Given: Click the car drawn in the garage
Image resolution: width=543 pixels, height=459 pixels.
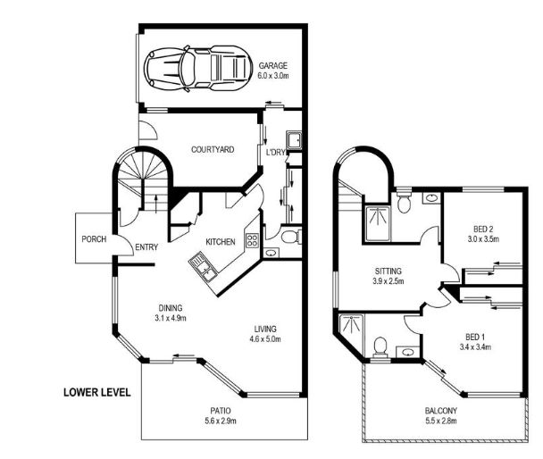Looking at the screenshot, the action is click(x=197, y=68).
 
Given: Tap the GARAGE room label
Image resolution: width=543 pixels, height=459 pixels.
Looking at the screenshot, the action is click(x=273, y=65).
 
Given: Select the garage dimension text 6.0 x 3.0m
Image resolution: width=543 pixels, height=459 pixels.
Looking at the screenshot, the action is click(x=273, y=76).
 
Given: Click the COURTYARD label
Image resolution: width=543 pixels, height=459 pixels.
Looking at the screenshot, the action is click(x=213, y=149).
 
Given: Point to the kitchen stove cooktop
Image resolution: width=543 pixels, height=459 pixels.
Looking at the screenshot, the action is click(x=252, y=240).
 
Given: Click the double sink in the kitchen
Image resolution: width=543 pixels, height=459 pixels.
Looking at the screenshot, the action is click(x=203, y=266).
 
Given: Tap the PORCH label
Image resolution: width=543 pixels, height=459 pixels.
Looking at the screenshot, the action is click(x=94, y=239).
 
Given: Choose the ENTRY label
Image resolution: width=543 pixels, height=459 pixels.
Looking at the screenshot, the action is click(x=146, y=247).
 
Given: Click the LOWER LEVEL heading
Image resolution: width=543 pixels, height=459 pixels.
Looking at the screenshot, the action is click(x=97, y=392).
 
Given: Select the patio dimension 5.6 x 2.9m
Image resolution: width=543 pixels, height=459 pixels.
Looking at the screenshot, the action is click(x=221, y=421).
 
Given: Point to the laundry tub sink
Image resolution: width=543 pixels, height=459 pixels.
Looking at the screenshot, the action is click(x=294, y=140).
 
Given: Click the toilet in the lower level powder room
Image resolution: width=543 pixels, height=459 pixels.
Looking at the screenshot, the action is click(x=291, y=238).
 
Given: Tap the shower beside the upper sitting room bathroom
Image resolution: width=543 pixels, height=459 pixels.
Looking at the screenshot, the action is click(x=376, y=223).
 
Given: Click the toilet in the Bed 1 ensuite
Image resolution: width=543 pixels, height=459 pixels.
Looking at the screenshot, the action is click(x=380, y=347).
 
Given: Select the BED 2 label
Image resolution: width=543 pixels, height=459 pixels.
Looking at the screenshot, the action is click(x=483, y=229).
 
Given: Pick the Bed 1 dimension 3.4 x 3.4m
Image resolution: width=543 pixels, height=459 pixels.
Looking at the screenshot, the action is click(x=475, y=346).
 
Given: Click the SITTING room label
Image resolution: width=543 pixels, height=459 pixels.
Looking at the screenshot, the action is click(x=388, y=271).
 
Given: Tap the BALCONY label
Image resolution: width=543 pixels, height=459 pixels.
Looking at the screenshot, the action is click(x=441, y=411).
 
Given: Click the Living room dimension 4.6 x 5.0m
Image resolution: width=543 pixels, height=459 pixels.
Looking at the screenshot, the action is click(x=265, y=338).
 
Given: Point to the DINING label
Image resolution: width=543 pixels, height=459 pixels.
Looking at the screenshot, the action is click(x=171, y=308).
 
